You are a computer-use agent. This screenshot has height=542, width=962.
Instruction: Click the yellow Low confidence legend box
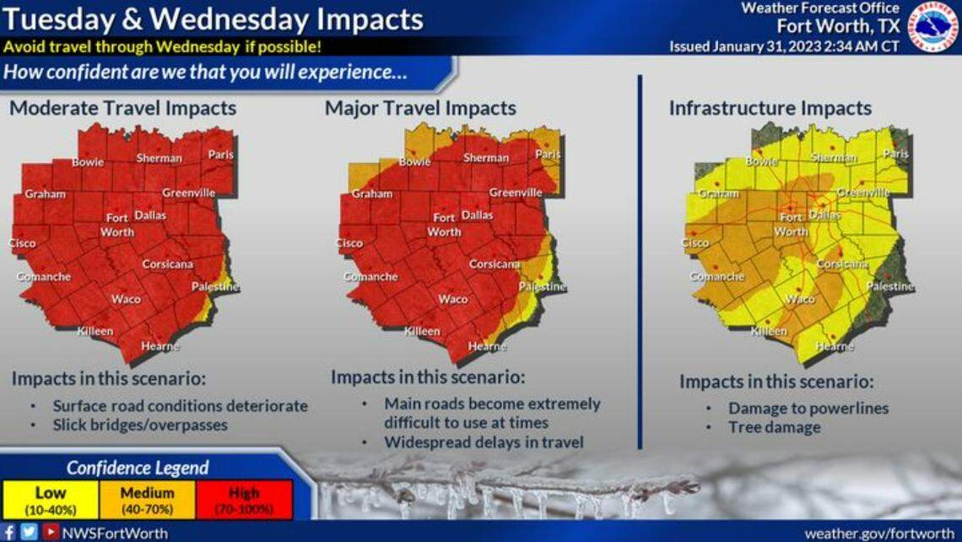pos(51,500)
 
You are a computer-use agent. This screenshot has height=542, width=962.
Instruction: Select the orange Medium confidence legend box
pos(147,500)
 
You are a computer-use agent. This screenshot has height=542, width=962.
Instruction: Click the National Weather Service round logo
pos(932,26)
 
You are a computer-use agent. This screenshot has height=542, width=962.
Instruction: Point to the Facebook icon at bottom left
pos(9,533)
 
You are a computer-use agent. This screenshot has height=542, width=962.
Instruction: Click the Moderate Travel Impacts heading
pos(122,108)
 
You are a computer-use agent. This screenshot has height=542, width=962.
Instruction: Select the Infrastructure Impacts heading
pos(770,108)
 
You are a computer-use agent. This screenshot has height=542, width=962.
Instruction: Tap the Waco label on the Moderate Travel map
pos(126,299)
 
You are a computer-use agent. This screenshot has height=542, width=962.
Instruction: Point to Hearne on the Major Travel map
pos(486,346)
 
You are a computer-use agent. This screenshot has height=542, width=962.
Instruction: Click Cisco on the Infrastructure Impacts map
pos(695,243)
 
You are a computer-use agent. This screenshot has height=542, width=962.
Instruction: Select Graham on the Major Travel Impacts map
pos(372,193)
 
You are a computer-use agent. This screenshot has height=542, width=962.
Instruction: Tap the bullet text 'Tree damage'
pos(774,427)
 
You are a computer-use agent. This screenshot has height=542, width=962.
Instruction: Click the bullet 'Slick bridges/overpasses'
pos(140,425)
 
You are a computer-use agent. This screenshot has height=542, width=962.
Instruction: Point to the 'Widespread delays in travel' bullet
pos(484,442)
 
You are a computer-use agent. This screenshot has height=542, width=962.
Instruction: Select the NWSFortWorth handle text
pos(114,533)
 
